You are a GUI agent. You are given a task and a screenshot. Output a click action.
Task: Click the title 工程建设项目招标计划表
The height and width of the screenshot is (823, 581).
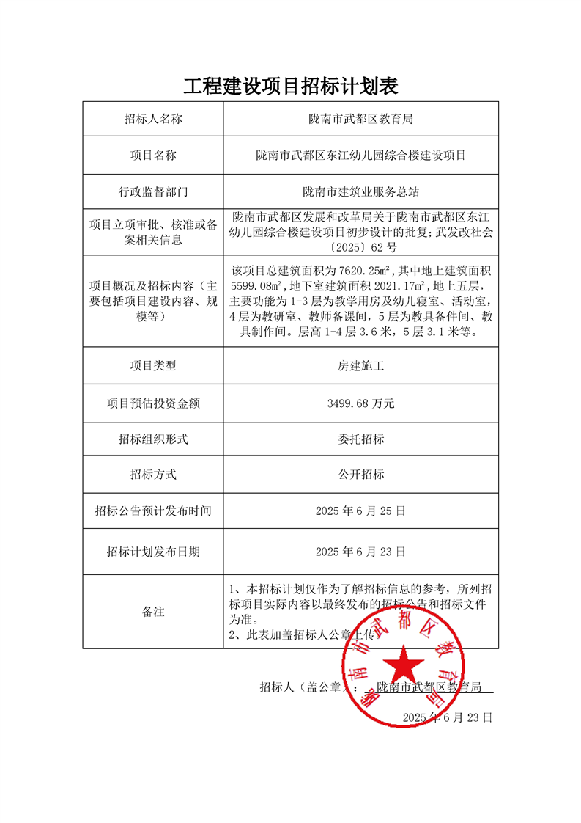pos(290,86)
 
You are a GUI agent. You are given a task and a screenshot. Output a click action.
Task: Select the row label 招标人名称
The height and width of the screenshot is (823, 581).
pos(152,119)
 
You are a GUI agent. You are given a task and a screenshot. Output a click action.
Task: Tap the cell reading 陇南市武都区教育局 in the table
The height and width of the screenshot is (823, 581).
pos(360,119)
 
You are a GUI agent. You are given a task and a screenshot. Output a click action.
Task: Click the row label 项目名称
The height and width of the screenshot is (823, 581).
pos(152,156)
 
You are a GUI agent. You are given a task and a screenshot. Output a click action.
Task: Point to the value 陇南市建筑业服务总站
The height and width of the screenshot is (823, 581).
pos(360,192)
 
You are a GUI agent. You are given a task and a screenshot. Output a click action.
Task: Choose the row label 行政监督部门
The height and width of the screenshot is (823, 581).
pos(152,192)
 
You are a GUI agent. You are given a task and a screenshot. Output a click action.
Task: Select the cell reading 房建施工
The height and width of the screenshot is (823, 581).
pos(360,365)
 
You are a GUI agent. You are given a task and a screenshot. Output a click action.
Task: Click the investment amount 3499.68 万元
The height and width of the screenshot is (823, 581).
pos(360,403)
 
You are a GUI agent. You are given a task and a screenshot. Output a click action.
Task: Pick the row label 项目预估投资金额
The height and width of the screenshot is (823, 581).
pos(152,403)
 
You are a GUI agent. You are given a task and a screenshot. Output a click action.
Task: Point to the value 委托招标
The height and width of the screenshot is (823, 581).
pos(360,439)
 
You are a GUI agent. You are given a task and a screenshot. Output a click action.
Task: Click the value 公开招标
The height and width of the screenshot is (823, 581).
pos(360,475)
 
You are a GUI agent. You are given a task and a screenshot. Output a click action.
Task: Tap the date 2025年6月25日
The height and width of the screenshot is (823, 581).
pos(360,511)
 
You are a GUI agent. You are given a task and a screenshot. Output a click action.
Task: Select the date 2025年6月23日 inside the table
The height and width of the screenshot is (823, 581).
pos(360,552)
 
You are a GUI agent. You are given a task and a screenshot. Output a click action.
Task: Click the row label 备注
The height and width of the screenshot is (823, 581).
pos(152,612)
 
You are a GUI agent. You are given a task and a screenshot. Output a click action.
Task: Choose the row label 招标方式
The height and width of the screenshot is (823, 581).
pos(152,475)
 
